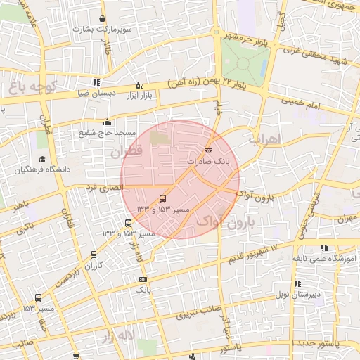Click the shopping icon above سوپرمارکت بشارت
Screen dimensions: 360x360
[x=103, y=19]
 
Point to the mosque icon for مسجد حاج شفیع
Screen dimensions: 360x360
[x=106, y=121]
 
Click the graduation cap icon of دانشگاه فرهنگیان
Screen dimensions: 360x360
[x=42, y=160]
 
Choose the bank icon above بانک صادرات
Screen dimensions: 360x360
[x=208, y=150]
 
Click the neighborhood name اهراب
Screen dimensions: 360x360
[x=264, y=139]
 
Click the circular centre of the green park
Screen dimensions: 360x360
[x=243, y=63]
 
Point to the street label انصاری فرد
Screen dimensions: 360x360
[x=103, y=188]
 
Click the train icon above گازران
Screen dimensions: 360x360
[x=94, y=255]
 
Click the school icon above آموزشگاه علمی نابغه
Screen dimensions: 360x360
[x=323, y=247]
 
